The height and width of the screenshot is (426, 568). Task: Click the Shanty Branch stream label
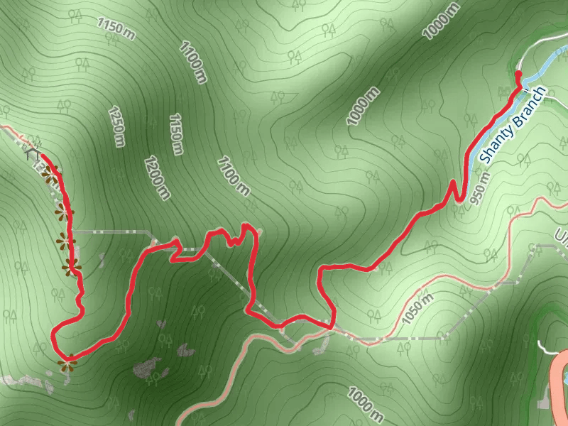pyautogui.click(x=513, y=124)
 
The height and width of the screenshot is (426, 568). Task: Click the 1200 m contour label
pyautogui.click(x=156, y=177)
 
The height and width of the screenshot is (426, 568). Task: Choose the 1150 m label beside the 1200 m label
pyautogui.click(x=177, y=134)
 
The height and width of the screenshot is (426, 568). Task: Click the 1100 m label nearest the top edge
pyautogui.click(x=192, y=63)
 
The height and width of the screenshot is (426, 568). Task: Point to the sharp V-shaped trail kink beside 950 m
pyautogui.click(x=453, y=186)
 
